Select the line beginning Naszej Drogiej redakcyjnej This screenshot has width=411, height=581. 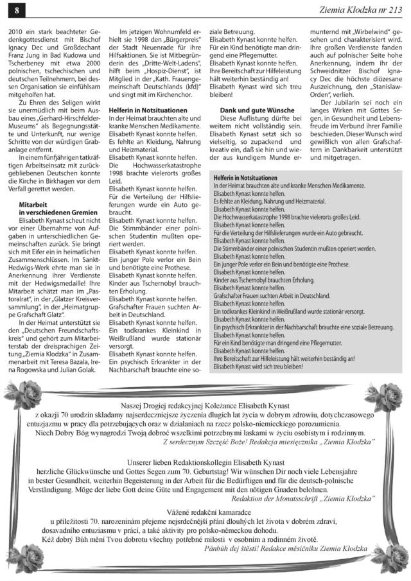point(205,406)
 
